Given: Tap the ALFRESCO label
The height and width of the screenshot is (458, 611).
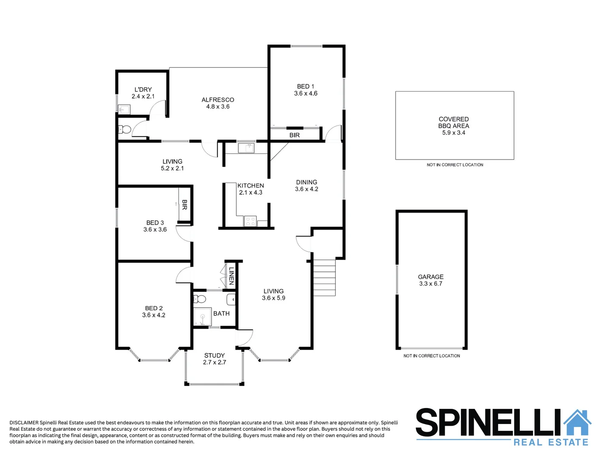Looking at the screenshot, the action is [x=218, y=100].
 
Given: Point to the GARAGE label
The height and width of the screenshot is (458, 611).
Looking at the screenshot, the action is [x=430, y=277].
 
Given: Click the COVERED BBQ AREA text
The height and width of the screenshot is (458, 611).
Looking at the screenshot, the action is [x=453, y=123].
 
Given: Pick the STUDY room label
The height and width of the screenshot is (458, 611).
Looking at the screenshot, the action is [x=214, y=355].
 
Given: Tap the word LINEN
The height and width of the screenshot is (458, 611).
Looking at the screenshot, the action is [x=231, y=276].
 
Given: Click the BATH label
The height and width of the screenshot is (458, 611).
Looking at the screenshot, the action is [x=221, y=313].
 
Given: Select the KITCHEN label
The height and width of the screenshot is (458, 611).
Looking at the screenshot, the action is [x=251, y=185].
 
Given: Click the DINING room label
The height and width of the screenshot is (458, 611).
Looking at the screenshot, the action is [x=307, y=182].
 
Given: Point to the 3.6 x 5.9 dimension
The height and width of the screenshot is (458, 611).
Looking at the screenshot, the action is [x=273, y=298].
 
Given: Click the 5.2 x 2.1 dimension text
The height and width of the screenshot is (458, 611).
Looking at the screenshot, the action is [x=172, y=168].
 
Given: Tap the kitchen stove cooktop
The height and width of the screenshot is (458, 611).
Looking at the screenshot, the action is [x=250, y=221].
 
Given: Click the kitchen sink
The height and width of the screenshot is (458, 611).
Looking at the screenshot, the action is [x=246, y=148].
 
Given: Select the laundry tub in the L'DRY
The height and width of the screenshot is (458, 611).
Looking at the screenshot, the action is [x=124, y=109].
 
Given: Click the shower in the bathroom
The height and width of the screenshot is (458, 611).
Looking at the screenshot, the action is [x=202, y=317].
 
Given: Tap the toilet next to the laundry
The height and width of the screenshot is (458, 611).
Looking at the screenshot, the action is [x=125, y=129].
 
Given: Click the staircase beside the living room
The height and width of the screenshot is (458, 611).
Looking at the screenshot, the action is [x=324, y=278].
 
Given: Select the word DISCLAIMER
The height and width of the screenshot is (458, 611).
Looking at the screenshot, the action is [x=24, y=423].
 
